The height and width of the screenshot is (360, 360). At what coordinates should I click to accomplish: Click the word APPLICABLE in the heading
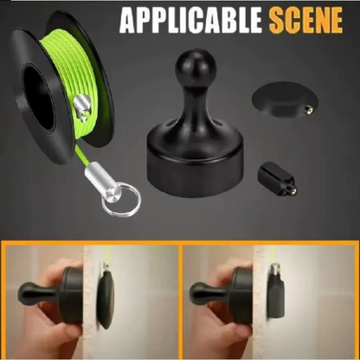tap(190, 20)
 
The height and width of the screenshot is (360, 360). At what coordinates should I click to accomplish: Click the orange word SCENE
tap(305, 20)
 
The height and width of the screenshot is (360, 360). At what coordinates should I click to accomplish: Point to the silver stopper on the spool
tap(82, 106)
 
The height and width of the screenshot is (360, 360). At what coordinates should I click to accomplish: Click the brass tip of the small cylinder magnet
tap(293, 190)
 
